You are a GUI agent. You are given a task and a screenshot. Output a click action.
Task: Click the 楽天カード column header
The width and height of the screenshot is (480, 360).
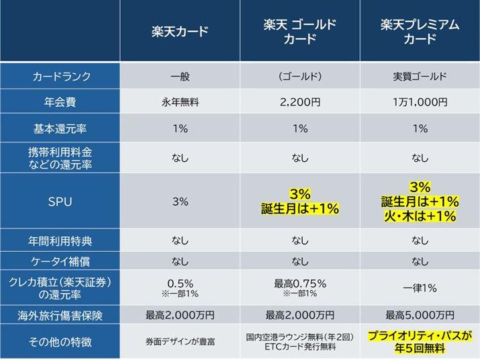pos(180,32)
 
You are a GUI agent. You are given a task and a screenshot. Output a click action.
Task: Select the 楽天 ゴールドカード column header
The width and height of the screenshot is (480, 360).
pos(299,32)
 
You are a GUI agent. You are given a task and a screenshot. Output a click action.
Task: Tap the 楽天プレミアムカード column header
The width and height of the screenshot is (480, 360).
pos(420,32)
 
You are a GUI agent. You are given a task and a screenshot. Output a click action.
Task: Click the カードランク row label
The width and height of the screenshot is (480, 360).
pos(61,77)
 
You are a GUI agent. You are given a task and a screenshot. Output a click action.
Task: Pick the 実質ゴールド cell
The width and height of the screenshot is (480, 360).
pos(420,77)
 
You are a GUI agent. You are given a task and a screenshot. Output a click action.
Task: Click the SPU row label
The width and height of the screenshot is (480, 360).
pos(61,201)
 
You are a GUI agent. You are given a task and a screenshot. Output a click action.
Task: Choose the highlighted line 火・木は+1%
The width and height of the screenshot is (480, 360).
pos(420,216)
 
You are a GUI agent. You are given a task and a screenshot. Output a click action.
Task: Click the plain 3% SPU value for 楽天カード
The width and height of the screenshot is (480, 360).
pos(180,201)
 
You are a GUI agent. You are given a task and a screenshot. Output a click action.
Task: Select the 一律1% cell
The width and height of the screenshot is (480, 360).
pos(420,287)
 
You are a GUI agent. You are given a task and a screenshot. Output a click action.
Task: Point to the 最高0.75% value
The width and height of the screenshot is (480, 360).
pos(299,283)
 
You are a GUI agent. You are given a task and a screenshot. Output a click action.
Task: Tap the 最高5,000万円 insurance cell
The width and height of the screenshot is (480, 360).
pos(420,314)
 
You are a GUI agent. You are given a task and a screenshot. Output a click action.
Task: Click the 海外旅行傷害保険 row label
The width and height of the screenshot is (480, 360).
pos(61,314)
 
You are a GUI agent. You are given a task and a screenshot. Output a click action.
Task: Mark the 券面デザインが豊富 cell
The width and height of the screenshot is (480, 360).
pos(180,342)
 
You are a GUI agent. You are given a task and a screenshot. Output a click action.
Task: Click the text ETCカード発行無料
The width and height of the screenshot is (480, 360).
pos(299,348)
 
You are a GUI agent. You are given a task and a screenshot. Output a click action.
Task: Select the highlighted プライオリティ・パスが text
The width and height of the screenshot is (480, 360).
pos(420,336)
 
